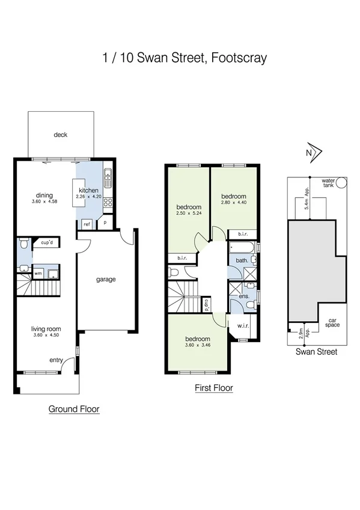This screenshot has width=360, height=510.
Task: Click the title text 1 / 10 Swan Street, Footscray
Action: point(184,58)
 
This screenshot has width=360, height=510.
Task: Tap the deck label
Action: point(60,135)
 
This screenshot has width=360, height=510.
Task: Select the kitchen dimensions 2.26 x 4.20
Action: point(90,196)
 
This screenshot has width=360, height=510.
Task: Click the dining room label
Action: point(44,195)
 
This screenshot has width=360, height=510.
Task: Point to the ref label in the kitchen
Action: point(87,224)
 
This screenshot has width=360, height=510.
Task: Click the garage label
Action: point(106,279)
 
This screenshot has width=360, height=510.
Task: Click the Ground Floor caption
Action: point(73,409)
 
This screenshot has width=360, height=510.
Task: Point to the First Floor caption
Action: point(213,389)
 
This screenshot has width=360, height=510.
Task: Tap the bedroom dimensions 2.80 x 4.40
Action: point(233,203)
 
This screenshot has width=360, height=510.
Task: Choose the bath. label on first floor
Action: point(242,260)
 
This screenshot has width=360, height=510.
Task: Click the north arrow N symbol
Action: point(310,152)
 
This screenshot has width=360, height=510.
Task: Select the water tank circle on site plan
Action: point(342,183)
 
